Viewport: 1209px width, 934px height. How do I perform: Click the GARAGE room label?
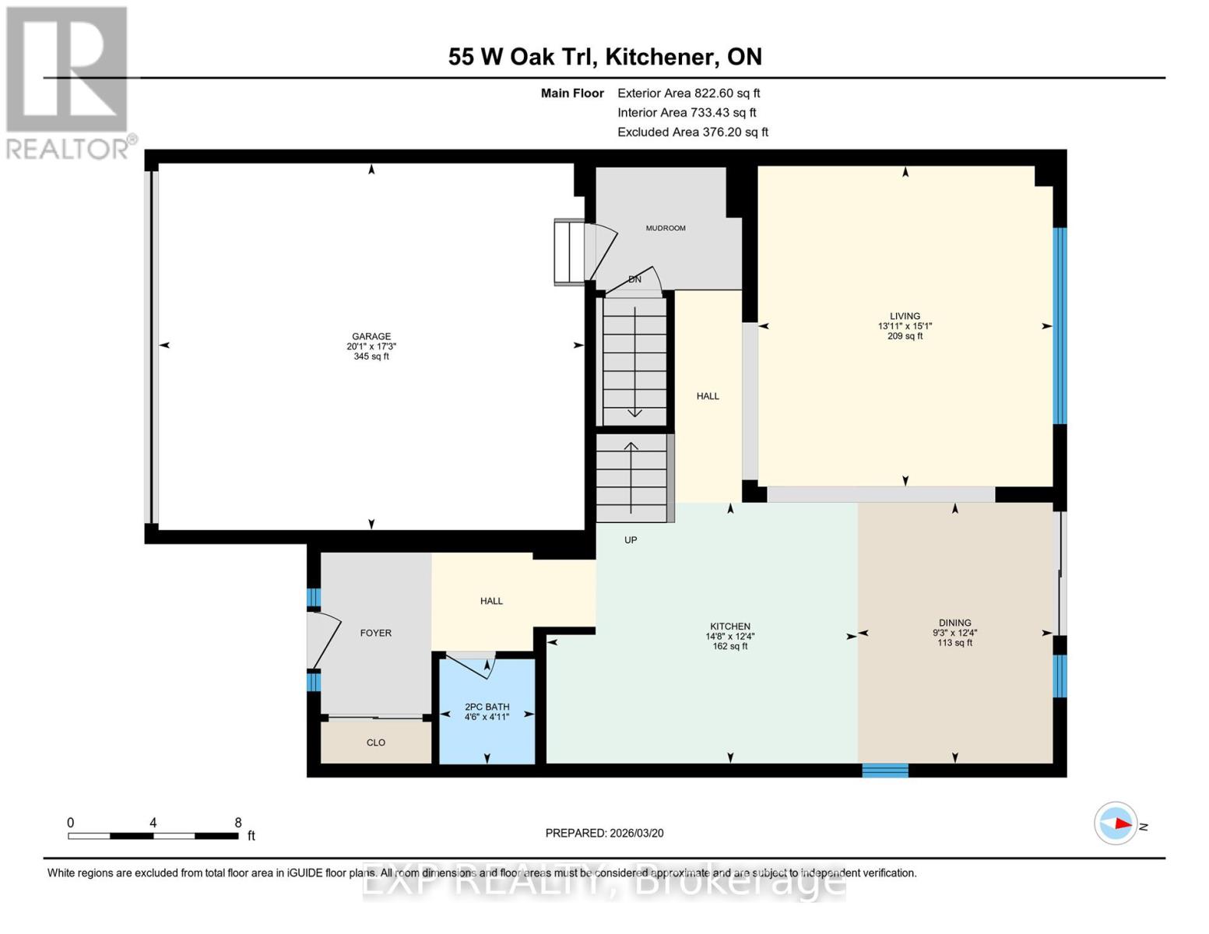(371, 336)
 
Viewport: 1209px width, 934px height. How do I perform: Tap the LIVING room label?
(905, 316)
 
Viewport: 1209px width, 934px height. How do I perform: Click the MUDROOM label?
(666, 228)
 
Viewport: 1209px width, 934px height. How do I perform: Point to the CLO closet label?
(376, 743)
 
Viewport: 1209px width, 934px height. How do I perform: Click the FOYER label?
(375, 633)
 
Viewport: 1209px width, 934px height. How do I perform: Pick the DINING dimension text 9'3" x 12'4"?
(954, 633)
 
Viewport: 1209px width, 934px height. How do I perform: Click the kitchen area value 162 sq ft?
(729, 646)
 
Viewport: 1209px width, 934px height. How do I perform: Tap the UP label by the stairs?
(631, 539)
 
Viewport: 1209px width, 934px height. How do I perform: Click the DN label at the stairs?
(634, 279)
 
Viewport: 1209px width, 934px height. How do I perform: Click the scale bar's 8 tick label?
(238, 823)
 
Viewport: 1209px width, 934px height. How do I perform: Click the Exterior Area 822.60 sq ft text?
(688, 93)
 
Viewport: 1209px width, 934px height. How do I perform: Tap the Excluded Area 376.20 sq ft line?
(692, 132)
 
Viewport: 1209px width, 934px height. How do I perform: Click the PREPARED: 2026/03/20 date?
(604, 833)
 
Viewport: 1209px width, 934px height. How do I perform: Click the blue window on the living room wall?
(1060, 325)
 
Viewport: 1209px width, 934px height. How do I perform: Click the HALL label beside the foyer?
(491, 601)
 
